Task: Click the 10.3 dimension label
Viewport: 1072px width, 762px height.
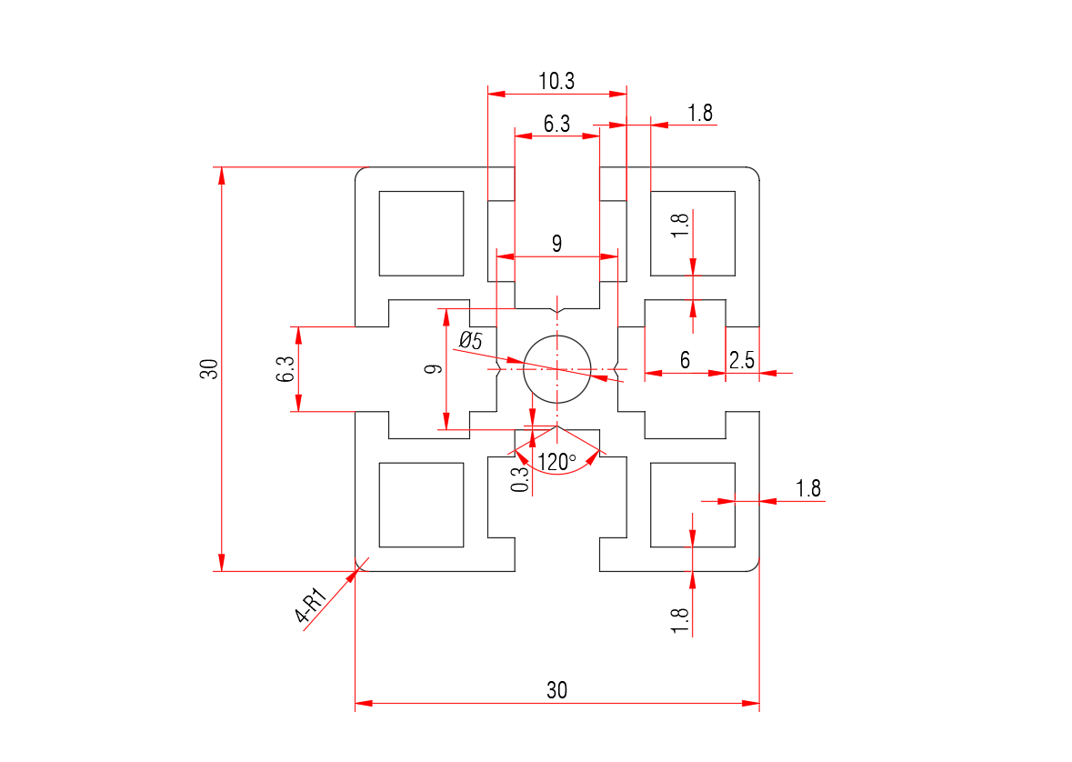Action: click(x=556, y=81)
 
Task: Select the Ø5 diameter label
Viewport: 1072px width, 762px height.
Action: click(x=471, y=341)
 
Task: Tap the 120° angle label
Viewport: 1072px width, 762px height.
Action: click(x=557, y=462)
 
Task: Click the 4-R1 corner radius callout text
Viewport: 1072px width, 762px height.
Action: click(x=312, y=607)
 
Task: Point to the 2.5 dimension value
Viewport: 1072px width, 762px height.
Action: click(x=742, y=359)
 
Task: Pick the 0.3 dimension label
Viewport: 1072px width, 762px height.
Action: click(x=520, y=477)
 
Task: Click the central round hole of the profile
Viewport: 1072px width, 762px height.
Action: click(x=557, y=369)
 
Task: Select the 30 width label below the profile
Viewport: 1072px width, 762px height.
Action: click(x=556, y=690)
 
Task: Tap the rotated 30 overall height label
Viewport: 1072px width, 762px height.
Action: click(x=210, y=369)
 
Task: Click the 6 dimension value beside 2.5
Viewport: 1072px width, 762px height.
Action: click(x=685, y=360)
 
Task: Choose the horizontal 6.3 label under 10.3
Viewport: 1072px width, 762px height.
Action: click(x=556, y=124)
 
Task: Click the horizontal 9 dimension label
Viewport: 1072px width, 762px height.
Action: click(x=556, y=244)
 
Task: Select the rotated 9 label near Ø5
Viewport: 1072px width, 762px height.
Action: click(x=434, y=369)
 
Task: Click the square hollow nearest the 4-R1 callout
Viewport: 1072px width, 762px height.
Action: click(x=421, y=505)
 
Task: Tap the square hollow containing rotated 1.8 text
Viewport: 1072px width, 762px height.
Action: click(x=693, y=233)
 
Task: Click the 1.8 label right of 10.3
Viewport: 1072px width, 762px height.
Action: click(x=700, y=114)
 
